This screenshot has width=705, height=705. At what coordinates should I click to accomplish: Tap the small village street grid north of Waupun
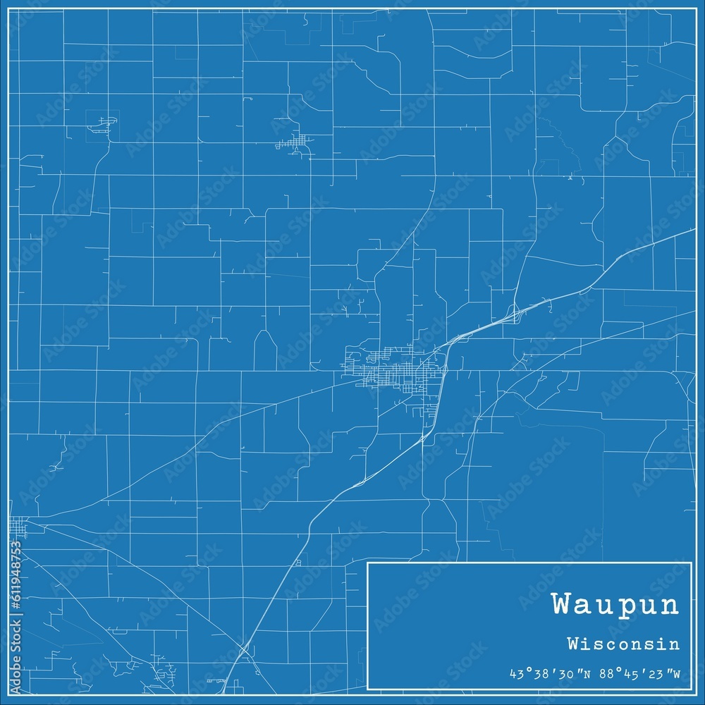click(x=296, y=143)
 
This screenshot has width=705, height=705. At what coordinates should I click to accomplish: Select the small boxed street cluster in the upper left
click(x=103, y=125)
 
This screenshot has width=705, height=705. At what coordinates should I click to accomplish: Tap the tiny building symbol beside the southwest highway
click(x=299, y=562)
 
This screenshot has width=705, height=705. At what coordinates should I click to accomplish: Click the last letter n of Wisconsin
click(x=676, y=644)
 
